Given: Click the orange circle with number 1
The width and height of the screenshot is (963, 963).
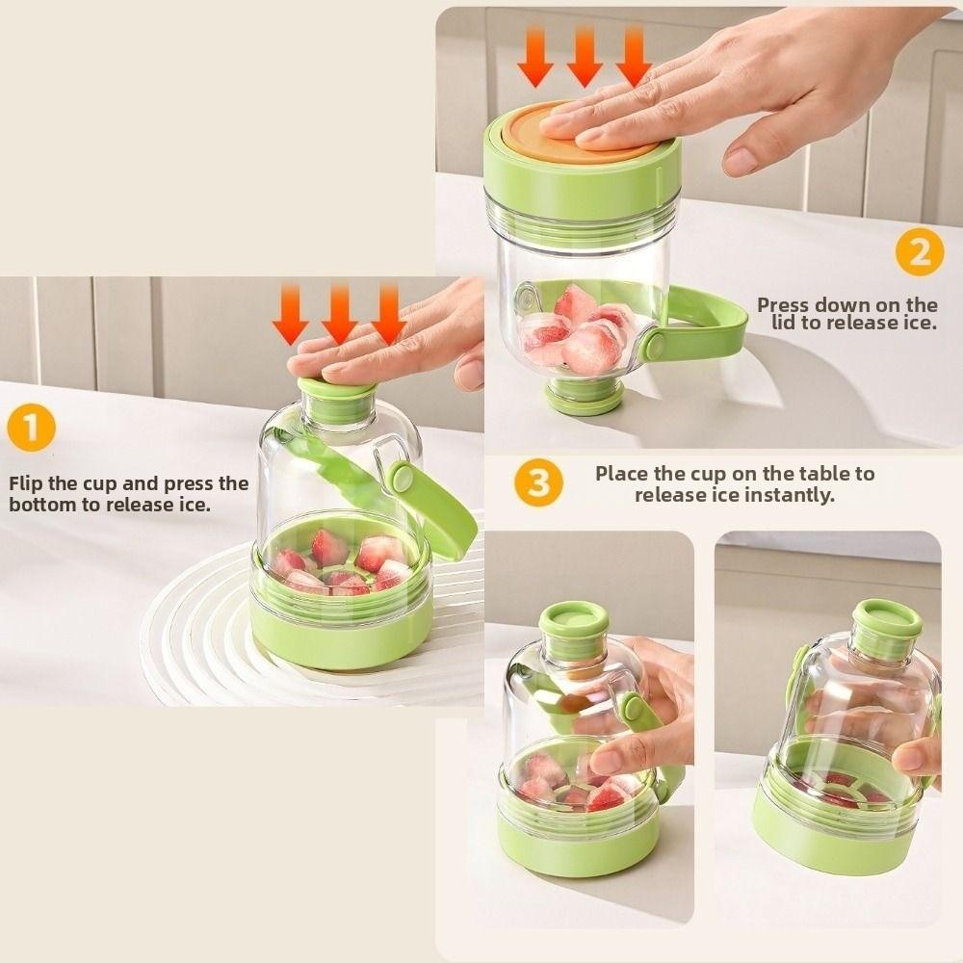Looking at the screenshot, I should point(32,429).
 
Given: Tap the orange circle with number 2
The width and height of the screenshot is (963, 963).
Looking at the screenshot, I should point(920,252).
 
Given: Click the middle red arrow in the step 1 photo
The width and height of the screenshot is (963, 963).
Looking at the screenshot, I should point(339,315).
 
